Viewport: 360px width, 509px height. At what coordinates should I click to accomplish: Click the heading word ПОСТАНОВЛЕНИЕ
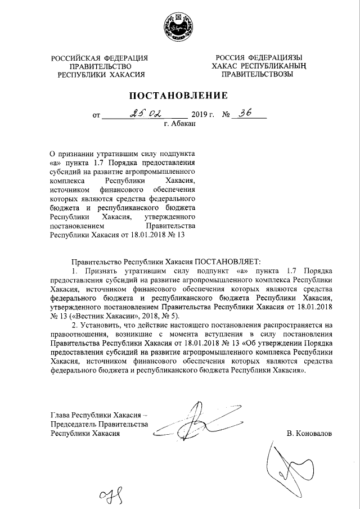tap(180, 95)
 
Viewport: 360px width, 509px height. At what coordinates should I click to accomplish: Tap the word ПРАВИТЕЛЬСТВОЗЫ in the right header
tap(257, 74)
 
